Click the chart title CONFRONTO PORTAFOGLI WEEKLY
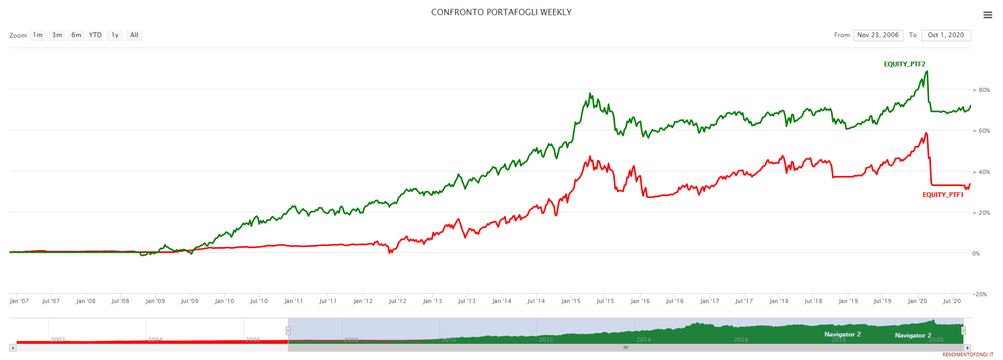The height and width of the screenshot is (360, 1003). [501, 12]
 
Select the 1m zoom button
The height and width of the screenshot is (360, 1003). [38, 35]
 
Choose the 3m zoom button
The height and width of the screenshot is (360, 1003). [57, 35]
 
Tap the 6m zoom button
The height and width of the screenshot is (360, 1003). [76, 35]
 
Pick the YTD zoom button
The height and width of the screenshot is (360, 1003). [95, 35]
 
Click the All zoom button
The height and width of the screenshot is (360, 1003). [134, 35]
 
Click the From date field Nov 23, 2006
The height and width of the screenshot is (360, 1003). [878, 35]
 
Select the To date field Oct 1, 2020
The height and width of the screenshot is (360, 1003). [946, 35]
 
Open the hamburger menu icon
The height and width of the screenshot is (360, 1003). [987, 15]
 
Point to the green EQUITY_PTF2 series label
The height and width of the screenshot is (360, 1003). [904, 64]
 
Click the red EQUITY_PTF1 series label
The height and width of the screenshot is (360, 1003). [942, 195]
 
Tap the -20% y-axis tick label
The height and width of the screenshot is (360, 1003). [979, 294]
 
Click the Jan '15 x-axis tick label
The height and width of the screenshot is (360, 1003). [570, 301]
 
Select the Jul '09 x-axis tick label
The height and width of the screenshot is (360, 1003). [189, 301]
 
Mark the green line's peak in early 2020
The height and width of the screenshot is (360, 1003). [927, 72]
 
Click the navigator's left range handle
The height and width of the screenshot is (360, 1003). [288, 330]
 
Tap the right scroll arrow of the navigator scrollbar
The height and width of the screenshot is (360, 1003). [967, 347]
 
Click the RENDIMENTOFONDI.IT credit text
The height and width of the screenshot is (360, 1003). [967, 355]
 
